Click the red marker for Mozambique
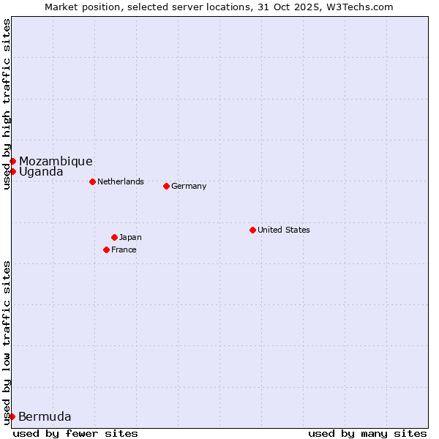point(12,161)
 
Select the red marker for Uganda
point(12,171)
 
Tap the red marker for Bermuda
point(12,416)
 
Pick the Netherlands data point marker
point(92,181)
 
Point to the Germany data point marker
point(166,186)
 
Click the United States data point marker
point(252,230)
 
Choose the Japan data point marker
point(114,237)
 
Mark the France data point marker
point(106,249)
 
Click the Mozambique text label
point(56,161)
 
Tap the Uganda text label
point(41,172)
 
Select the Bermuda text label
point(45,417)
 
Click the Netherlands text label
point(121,181)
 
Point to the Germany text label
point(189,186)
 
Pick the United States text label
point(284,230)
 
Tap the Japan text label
point(130,237)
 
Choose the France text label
point(124,249)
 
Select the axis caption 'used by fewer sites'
point(75,433)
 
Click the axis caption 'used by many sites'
point(367,433)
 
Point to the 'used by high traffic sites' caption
point(7,104)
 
